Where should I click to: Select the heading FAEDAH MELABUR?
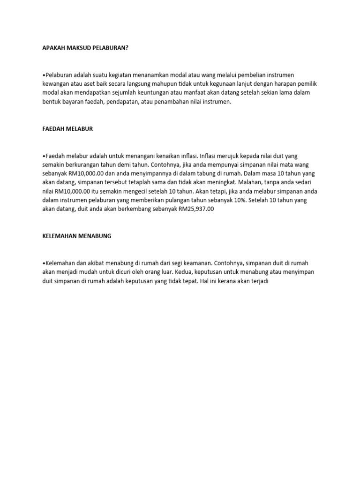pyautogui.click(x=67, y=129)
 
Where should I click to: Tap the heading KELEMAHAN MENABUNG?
pyautogui.click(x=77, y=236)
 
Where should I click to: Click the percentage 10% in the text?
pyautogui.click(x=240, y=200)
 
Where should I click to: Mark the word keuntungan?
pyautogui.click(x=160, y=92)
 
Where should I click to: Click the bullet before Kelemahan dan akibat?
pyautogui.click(x=44, y=263)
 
